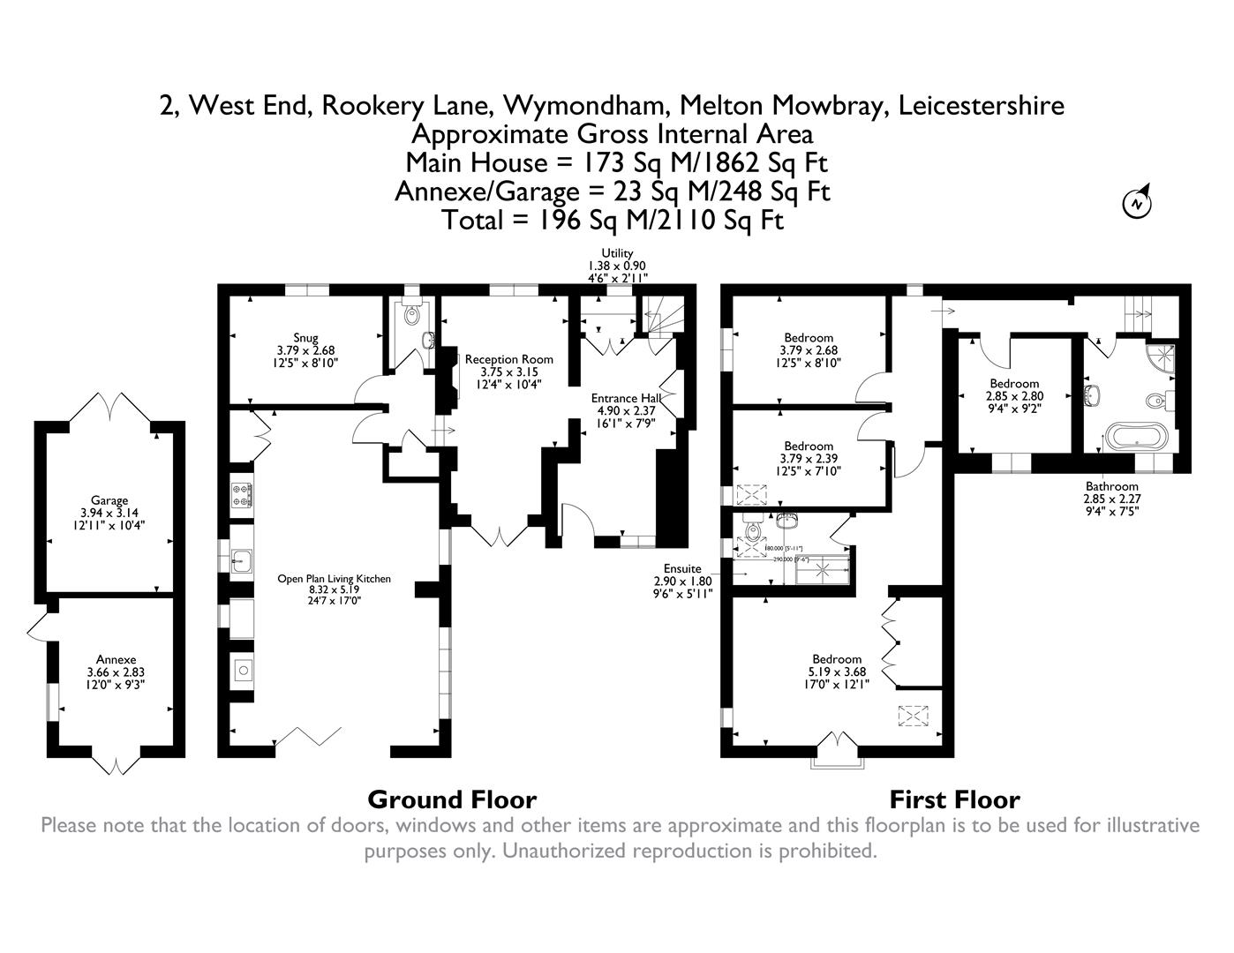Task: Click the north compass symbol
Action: point(1138,202)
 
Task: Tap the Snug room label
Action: point(305,338)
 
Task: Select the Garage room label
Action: point(109,500)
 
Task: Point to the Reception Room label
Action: point(508,359)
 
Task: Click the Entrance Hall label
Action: point(626,398)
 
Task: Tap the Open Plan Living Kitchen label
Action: point(334,579)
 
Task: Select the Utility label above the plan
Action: point(617,253)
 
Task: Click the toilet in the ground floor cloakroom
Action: point(412,314)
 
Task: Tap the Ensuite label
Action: point(677,569)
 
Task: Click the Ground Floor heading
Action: point(451,799)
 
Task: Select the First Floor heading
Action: point(954,799)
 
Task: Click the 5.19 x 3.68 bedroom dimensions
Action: point(837,672)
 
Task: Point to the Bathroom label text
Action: point(1111,486)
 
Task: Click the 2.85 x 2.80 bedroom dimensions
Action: point(1013,396)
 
